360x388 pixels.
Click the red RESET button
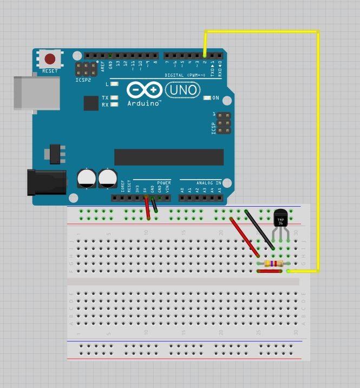coord(50,59)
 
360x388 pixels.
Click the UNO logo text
coord(182,89)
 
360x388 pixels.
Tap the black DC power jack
coord(47,182)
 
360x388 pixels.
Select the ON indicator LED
coord(207,98)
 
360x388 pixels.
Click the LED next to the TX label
coord(114,98)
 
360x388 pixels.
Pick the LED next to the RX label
coord(114,104)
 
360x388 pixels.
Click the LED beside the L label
coord(114,84)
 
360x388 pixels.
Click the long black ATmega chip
coord(168,157)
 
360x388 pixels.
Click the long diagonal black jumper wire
coord(259,229)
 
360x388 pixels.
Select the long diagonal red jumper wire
coord(245,237)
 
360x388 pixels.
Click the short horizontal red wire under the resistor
coord(270,271)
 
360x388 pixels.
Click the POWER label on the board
coord(163,183)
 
